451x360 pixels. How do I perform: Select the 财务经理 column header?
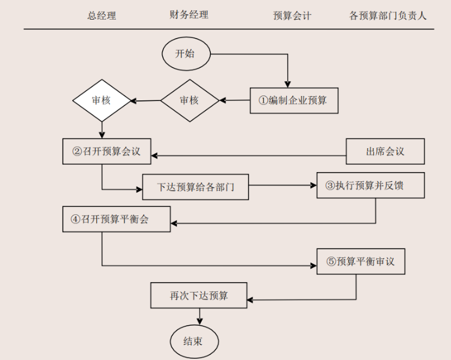(x=189, y=15)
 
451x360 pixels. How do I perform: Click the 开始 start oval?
(x=186, y=53)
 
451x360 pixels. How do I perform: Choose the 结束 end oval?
(x=194, y=341)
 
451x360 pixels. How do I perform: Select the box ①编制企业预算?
(x=294, y=100)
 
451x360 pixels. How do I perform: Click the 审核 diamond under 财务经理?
(x=190, y=100)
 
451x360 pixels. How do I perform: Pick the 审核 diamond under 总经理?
(x=102, y=100)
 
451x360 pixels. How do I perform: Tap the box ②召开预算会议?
(x=107, y=151)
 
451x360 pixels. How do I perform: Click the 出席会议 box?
(x=385, y=151)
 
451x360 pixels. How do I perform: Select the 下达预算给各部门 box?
(x=196, y=187)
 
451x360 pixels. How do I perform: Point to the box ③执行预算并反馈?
(x=370, y=185)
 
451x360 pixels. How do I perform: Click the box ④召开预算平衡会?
(x=116, y=219)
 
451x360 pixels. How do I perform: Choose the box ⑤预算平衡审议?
(x=361, y=261)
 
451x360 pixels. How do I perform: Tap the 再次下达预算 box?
(x=199, y=296)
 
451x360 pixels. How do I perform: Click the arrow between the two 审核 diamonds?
(x=146, y=100)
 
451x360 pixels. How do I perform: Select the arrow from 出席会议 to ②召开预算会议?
(x=249, y=156)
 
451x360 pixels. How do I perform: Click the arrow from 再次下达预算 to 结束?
(x=199, y=316)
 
